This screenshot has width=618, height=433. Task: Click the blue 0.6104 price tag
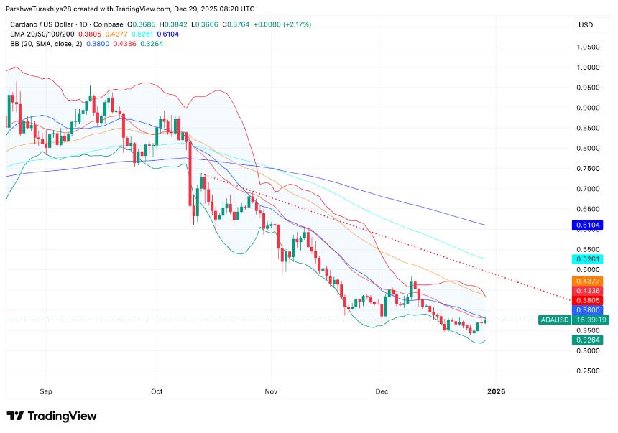click(586, 225)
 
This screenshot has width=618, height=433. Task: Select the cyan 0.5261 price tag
click(586, 259)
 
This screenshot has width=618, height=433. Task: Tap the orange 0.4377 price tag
click(586, 281)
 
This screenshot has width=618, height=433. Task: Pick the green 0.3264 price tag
click(586, 340)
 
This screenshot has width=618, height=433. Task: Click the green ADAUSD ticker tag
click(555, 320)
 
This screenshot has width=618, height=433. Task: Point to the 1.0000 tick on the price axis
click(587, 67)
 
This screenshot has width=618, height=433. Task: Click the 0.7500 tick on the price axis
click(587, 169)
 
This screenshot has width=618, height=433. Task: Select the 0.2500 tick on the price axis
click(587, 371)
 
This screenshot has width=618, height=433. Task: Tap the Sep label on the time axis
click(47, 391)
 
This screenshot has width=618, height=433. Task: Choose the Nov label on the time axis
click(270, 391)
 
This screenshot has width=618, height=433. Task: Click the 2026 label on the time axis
click(496, 391)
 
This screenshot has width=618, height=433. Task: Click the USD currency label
click(586, 25)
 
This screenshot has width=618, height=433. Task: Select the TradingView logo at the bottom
click(52, 416)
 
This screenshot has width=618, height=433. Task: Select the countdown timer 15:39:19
click(588, 320)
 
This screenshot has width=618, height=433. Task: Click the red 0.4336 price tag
click(586, 291)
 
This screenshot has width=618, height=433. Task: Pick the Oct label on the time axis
click(157, 391)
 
